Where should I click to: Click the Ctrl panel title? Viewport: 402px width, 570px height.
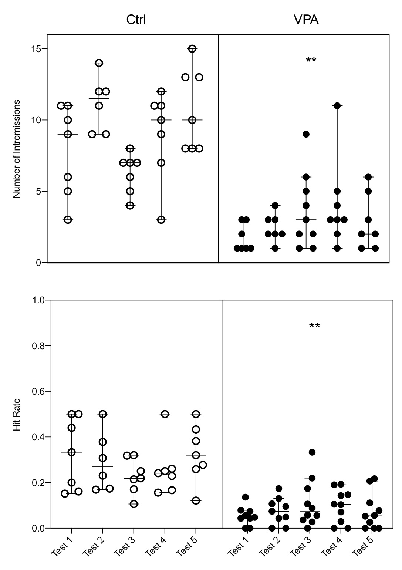tap(136, 20)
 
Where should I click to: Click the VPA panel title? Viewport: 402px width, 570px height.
tap(306, 20)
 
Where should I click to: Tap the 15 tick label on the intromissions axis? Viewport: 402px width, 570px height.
tap(36, 49)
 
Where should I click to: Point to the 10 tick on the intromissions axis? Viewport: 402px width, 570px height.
tap(36, 120)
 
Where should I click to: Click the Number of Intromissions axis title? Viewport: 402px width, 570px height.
tap(17, 149)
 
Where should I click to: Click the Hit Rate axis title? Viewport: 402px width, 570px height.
tap(17, 414)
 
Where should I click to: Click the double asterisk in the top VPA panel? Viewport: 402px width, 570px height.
tap(311, 60)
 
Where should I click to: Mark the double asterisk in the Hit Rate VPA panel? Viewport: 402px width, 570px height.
tap(314, 326)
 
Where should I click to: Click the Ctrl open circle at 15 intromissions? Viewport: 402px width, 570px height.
tap(192, 49)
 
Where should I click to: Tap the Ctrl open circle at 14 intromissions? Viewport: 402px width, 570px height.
tap(99, 63)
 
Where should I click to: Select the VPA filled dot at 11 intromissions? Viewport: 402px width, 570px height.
tap(337, 106)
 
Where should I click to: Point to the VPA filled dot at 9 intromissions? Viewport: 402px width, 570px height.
tap(306, 134)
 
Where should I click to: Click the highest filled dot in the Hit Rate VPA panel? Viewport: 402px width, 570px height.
tap(312, 452)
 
